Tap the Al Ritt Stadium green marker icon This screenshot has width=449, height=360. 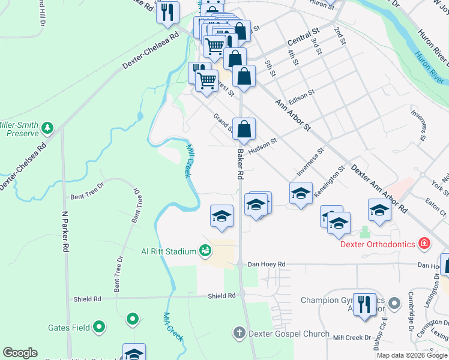(x=205, y=251)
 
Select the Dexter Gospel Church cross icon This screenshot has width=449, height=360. (x=239, y=333)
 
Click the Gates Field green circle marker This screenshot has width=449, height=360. (x=100, y=328)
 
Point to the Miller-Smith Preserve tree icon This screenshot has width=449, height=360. (x=47, y=128)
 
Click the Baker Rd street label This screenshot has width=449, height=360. (x=240, y=165)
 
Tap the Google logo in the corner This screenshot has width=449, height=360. (x=20, y=353)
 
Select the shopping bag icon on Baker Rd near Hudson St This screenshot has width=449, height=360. (x=244, y=129)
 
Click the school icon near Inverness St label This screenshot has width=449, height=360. (x=301, y=193)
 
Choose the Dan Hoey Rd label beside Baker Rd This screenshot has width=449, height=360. (x=267, y=264)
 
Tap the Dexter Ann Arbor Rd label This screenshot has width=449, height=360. (x=379, y=189)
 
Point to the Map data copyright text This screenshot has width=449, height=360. (x=412, y=355)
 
